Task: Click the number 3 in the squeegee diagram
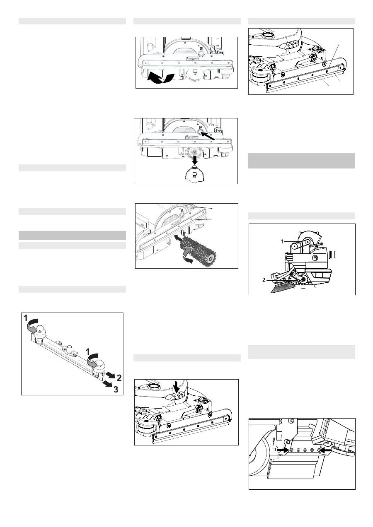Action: coord(116,390)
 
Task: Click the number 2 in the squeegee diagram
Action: coord(119,378)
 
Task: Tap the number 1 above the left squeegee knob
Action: coord(26,318)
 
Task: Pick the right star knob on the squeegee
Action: coord(99,365)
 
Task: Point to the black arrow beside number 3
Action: coord(107,384)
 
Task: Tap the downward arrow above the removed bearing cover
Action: coord(194,160)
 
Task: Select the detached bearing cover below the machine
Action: coord(194,173)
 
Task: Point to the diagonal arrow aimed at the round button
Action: coord(208,136)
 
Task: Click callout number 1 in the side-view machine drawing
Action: coord(282,241)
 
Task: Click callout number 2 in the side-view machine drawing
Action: coord(264,280)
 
